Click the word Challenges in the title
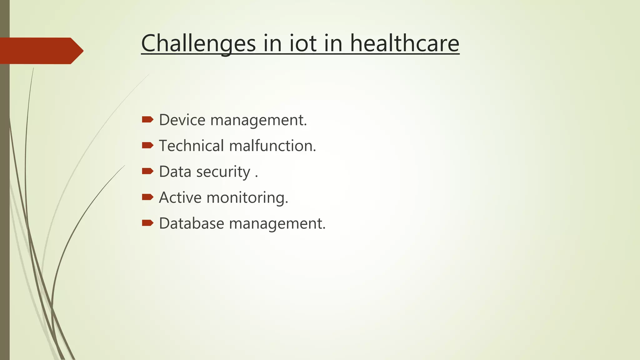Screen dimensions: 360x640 (x=198, y=43)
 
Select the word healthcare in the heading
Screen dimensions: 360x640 (x=404, y=43)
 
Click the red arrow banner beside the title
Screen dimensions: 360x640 (x=41, y=51)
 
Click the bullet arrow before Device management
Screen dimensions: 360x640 (x=147, y=119)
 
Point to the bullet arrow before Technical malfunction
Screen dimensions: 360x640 (x=147, y=145)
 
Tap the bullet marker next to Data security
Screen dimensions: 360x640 (x=147, y=171)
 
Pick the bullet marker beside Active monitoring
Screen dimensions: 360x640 (x=147, y=197)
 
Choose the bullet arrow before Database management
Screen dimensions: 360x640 (x=147, y=223)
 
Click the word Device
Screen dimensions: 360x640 (x=182, y=120)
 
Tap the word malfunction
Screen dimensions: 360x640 (x=272, y=146)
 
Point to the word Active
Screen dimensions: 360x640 (x=180, y=198)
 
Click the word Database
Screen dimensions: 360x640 (x=191, y=224)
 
